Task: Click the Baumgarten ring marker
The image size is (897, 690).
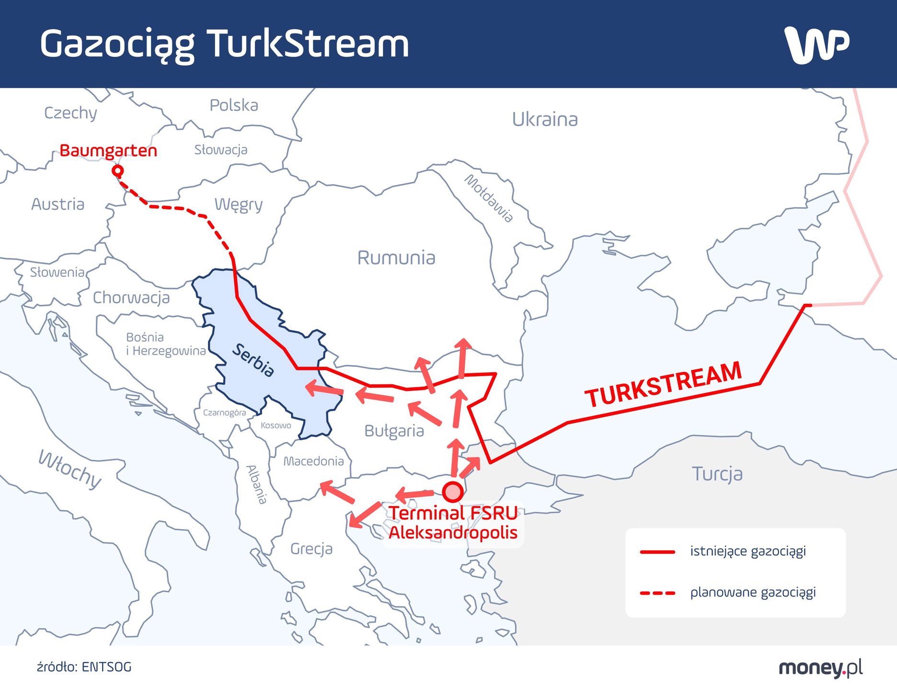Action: [117, 171]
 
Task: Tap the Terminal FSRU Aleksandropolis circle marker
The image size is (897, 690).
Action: [452, 492]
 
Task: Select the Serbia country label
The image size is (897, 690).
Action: [253, 360]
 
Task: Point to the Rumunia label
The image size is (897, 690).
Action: [396, 258]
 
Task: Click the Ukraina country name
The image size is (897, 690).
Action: [545, 119]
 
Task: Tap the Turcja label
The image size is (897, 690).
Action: [717, 474]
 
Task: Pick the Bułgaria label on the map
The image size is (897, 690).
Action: [394, 431]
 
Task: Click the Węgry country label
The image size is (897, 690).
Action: [239, 205]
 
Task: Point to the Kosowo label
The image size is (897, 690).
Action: [276, 425]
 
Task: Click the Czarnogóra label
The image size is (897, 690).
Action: [224, 413]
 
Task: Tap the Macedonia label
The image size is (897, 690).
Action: [313, 461]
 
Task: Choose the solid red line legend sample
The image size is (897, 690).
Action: [657, 552]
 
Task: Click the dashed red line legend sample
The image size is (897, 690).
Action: [657, 593]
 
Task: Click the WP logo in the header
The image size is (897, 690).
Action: [816, 45]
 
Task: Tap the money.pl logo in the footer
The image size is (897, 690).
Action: [820, 667]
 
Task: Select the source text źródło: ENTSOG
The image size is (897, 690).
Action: [84, 667]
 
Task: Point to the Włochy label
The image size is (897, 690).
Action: [70, 469]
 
